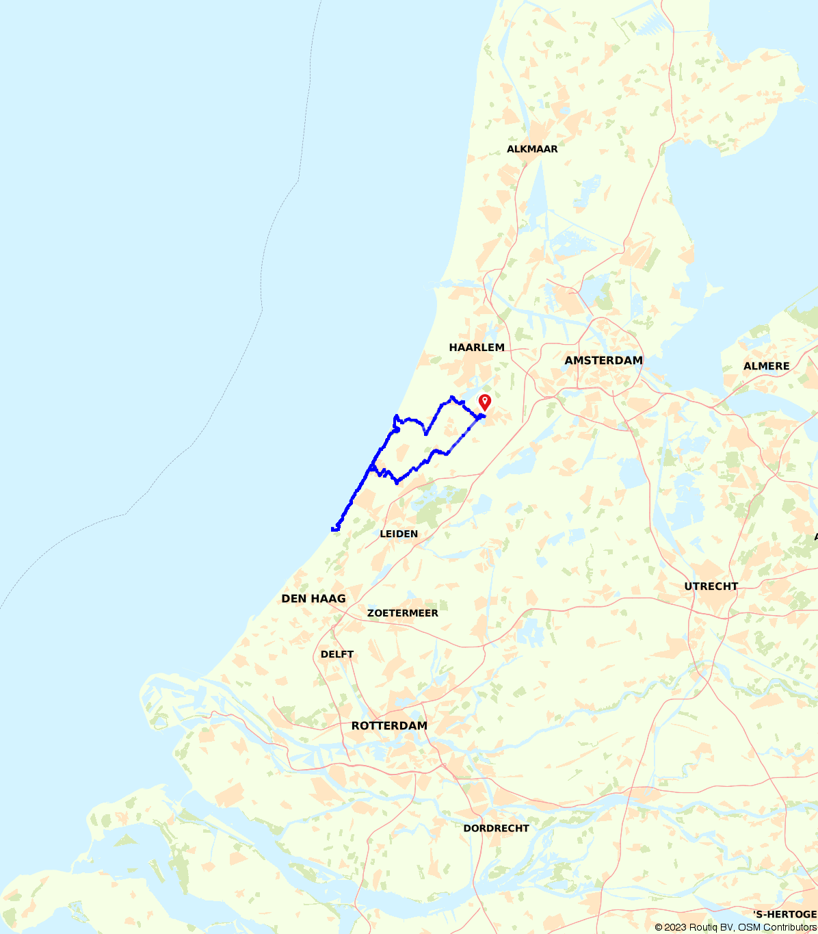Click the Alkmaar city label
tap(532, 149)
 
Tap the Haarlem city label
tap(477, 348)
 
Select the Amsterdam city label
tap(603, 361)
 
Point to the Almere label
tap(766, 366)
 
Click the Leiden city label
tap(399, 534)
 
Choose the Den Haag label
tap(313, 599)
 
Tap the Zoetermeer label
tap(403, 613)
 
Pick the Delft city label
tap(337, 654)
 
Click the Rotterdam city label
tap(389, 726)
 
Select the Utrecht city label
tap(711, 586)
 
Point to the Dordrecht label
tap(496, 829)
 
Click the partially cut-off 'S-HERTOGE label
tap(784, 914)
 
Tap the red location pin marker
tap(485, 401)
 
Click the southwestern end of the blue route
tap(333, 529)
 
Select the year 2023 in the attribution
tap(676, 928)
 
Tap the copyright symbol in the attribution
tap(659, 928)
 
